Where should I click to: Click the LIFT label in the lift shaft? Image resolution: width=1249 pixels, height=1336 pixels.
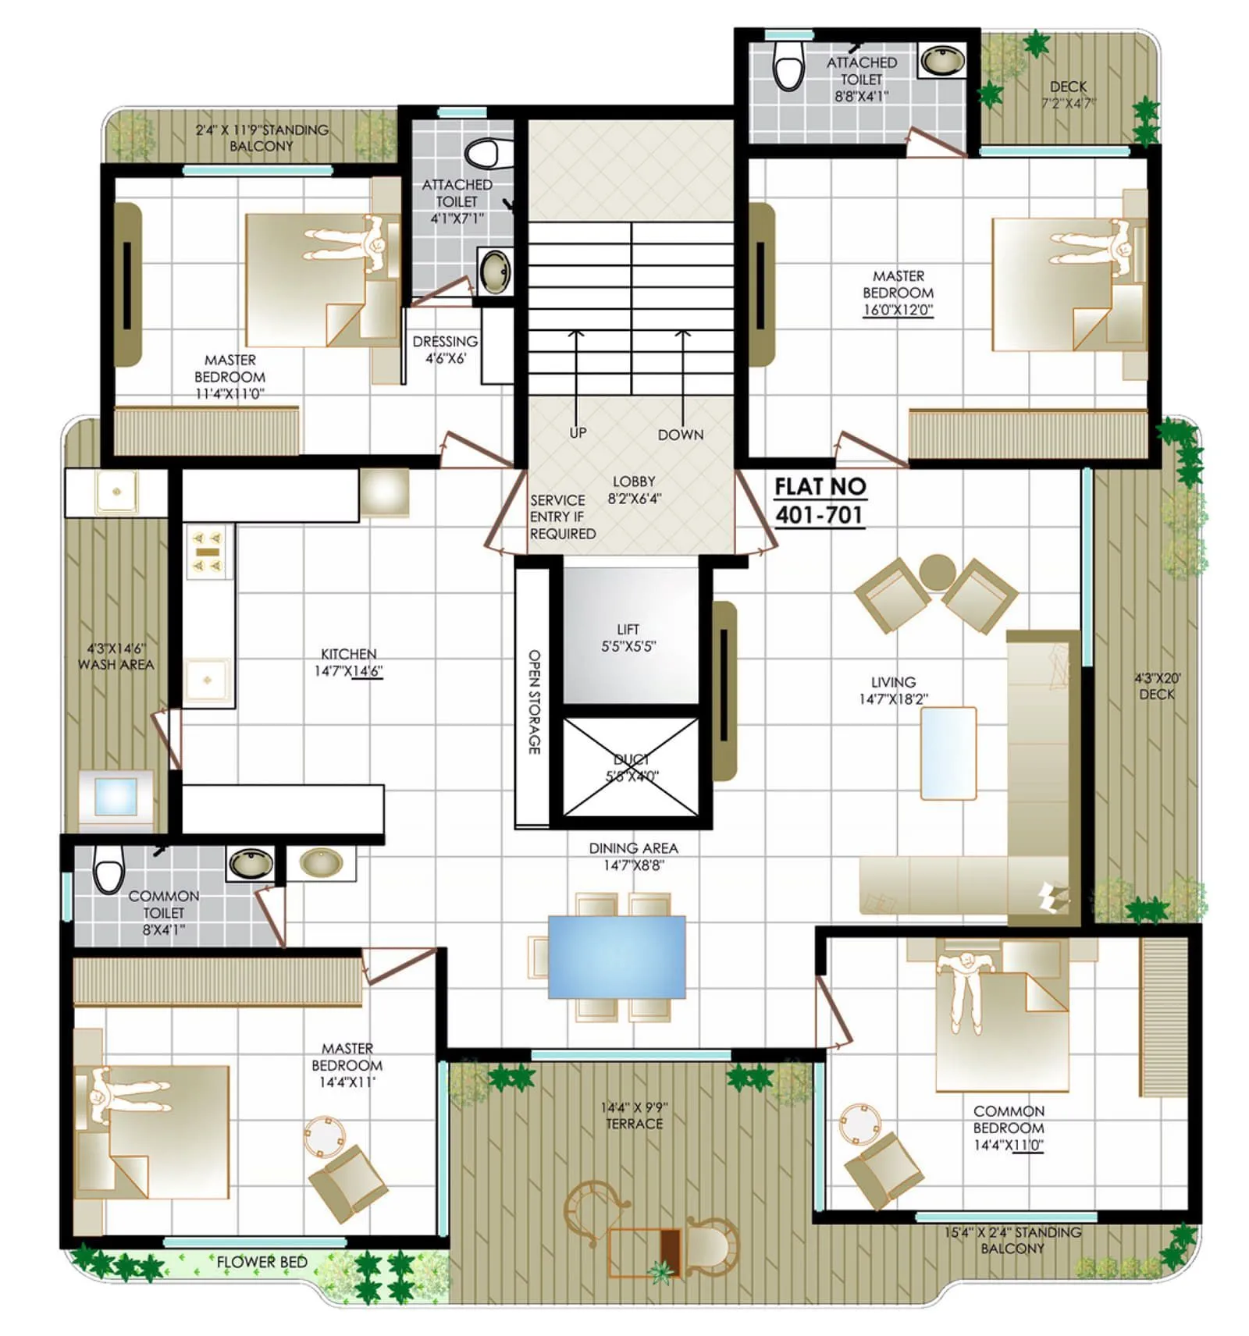[628, 629]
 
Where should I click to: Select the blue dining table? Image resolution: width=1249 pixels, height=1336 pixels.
[617, 957]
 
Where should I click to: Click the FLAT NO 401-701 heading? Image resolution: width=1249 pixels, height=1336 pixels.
[820, 501]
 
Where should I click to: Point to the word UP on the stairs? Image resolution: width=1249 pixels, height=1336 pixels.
[578, 432]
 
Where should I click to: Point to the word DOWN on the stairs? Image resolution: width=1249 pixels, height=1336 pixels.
[680, 435]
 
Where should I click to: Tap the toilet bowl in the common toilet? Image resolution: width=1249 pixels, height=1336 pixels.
[109, 867]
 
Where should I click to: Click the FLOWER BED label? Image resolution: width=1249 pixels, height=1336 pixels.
[262, 1262]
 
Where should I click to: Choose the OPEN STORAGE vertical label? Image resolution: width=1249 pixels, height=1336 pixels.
[535, 702]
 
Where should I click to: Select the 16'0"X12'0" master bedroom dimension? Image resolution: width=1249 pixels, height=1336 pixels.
[898, 310]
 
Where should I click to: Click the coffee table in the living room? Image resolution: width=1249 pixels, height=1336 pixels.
[948, 753]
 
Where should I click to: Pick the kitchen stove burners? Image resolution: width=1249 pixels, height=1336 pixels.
[208, 551]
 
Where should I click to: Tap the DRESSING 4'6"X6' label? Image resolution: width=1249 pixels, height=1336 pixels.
[445, 350]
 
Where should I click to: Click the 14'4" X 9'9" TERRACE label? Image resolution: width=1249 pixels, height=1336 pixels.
[634, 1115]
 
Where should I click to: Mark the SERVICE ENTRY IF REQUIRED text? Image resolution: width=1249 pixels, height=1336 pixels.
[562, 517]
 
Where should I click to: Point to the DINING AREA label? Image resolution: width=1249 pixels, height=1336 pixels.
[633, 848]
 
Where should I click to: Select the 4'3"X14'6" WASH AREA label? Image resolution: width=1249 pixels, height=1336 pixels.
[116, 656]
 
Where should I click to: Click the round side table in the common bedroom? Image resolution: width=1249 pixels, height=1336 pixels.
[859, 1122]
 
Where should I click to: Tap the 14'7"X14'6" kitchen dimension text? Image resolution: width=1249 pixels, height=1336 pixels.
[348, 671]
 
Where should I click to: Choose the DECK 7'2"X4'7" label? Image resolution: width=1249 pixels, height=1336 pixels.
[1068, 94]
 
